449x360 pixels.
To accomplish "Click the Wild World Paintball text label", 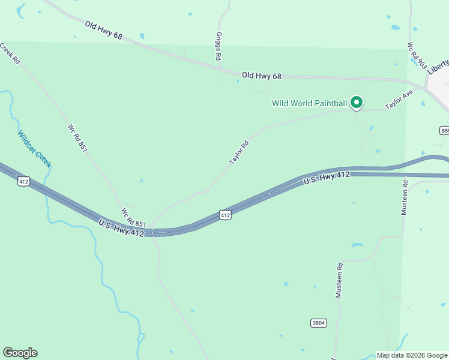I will [309, 103].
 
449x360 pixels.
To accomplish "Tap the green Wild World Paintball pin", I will [357, 103].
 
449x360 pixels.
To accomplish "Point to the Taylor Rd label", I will [239, 152].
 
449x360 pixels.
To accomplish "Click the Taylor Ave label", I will [399, 100].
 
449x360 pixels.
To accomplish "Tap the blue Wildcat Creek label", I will [34, 149].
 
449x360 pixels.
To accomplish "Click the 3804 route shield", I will [319, 323].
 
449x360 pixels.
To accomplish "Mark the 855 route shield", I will [444, 130].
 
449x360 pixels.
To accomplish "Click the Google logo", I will [20, 353].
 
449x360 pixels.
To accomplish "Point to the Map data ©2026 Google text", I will [412, 355].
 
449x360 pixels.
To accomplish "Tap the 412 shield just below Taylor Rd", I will [224, 214].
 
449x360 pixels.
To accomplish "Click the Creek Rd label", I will [10, 53].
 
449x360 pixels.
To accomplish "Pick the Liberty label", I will [438, 65].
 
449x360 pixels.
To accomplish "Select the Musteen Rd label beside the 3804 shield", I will [339, 280].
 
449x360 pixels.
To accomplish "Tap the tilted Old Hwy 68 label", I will [103, 31].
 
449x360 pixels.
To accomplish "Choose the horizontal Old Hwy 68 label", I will [261, 76].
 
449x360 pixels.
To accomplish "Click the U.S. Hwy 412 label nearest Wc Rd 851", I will [121, 228].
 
